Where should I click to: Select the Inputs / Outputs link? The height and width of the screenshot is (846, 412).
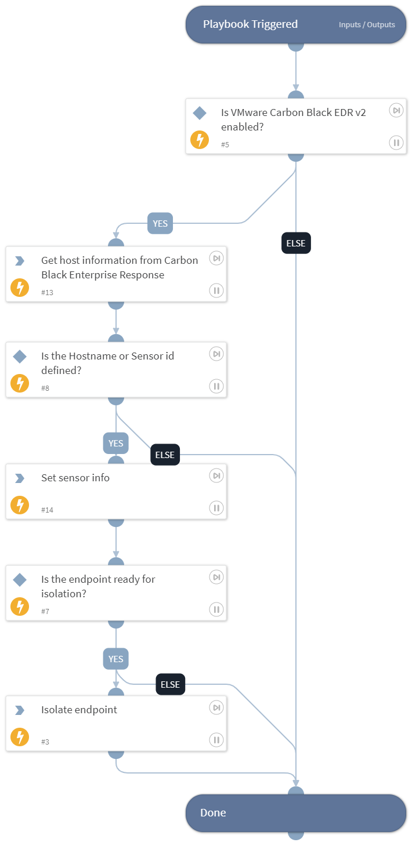pos(367,25)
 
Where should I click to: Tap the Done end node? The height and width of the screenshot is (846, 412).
pos(295,812)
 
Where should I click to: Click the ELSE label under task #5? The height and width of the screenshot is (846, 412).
pos(296,244)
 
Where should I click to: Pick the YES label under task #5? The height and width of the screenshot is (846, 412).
pos(160,223)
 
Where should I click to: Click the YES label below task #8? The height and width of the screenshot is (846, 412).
pos(116,444)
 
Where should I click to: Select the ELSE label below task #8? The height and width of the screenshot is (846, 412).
pos(165,455)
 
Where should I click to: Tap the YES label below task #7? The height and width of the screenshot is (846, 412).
pos(116,659)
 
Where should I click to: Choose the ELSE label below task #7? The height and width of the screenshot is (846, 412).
pos(171,684)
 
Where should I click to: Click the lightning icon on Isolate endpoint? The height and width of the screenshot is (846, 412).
pos(20,737)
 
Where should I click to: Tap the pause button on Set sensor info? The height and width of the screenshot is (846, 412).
pos(216,508)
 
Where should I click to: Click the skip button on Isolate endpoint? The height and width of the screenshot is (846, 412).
pos(216,707)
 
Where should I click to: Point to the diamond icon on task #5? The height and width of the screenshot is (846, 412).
pos(199,113)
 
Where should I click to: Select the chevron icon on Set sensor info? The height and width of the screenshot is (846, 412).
pos(20,478)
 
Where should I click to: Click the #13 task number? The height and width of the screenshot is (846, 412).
pos(47,293)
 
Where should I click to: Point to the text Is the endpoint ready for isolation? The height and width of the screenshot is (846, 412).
pos(98,586)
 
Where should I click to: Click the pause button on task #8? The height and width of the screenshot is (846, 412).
pos(216,386)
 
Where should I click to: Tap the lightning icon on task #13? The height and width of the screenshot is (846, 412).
pos(20,288)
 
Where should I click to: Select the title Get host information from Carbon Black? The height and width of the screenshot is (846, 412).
pos(120,267)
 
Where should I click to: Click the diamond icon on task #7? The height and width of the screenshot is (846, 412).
pos(20,579)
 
